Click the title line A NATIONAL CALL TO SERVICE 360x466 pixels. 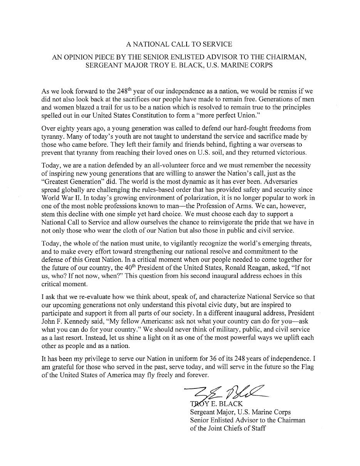(180, 44)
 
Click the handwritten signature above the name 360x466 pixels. (225, 392)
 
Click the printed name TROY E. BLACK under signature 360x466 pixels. (216, 404)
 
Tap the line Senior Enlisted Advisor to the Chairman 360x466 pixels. (247, 420)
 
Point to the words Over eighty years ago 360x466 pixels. (72, 128)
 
